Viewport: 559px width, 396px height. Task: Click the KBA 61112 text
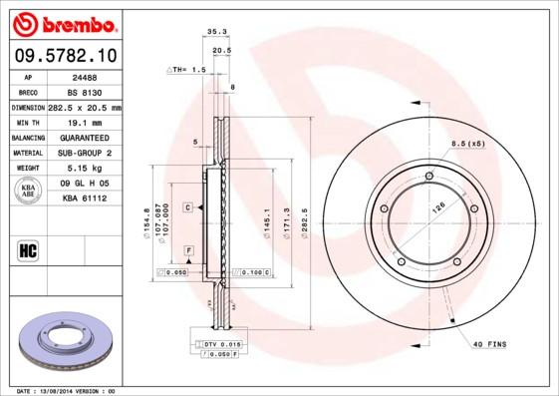point(84,198)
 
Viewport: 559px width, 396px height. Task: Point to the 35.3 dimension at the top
point(216,32)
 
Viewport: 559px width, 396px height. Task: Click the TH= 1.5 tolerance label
point(186,71)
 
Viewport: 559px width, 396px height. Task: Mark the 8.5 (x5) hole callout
point(468,144)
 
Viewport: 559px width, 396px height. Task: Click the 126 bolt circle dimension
point(436,208)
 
